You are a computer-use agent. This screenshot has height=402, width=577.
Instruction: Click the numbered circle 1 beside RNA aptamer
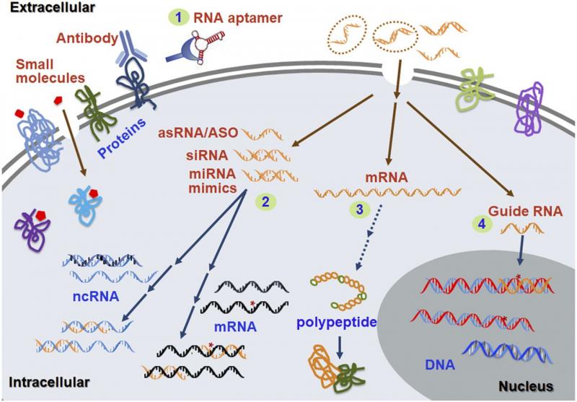(178, 17)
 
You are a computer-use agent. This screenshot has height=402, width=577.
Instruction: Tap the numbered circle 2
(265, 202)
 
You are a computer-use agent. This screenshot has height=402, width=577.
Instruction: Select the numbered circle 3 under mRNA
(359, 209)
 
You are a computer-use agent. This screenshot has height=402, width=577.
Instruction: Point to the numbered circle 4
(482, 224)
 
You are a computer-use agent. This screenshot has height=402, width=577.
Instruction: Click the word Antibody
(87, 38)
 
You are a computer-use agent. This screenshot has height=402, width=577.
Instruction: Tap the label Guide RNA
(525, 211)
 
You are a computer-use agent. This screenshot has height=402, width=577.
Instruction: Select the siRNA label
(207, 155)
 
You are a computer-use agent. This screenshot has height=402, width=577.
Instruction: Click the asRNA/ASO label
(198, 133)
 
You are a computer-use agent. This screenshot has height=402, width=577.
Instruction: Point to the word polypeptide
(337, 322)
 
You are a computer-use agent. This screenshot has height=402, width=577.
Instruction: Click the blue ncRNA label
(96, 296)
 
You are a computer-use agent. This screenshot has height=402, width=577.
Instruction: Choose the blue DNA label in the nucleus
(440, 364)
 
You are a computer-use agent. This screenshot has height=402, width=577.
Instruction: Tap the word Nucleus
(526, 386)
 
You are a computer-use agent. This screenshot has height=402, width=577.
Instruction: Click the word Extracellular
(53, 7)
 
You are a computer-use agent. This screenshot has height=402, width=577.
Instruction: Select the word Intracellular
(49, 382)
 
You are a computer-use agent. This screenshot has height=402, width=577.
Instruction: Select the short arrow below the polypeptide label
(340, 347)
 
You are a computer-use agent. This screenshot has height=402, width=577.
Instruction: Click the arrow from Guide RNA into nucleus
(521, 250)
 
